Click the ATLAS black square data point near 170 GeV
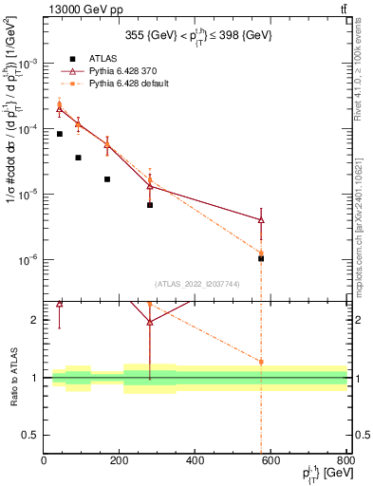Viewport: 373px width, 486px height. [107, 179]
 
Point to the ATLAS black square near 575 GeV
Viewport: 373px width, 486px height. [261, 258]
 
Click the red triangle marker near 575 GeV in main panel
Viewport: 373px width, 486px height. [261, 219]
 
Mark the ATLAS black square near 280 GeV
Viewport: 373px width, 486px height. [150, 205]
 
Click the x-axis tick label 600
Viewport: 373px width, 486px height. [270, 462]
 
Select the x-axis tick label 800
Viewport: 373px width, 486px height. [345, 462]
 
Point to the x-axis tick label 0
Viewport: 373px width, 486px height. [44, 462]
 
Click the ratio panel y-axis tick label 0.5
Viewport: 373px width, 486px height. [31, 435]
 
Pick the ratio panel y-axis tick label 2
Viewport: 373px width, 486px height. [36, 320]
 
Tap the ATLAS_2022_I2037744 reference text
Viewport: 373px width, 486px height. [196, 284]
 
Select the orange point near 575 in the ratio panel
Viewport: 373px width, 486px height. [261, 362]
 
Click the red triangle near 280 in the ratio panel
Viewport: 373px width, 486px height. [150, 322]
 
